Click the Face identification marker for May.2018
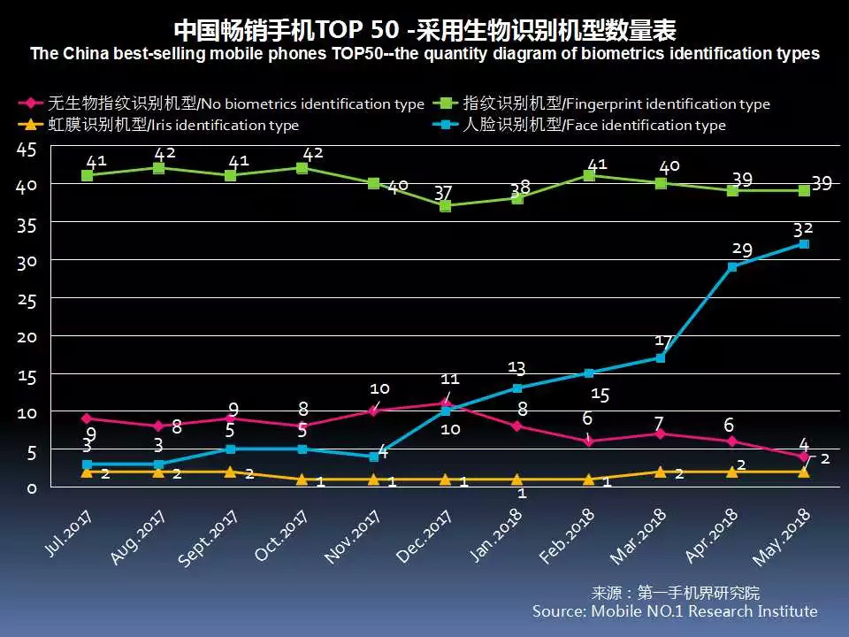click(x=804, y=244)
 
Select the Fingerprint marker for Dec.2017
click(x=446, y=206)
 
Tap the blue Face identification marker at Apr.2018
click(x=732, y=267)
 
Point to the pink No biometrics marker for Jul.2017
click(x=87, y=418)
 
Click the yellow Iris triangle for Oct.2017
click(x=302, y=480)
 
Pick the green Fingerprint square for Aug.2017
click(x=159, y=168)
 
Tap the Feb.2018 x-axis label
click(x=567, y=535)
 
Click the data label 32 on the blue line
click(x=803, y=227)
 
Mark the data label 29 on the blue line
click(x=741, y=250)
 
